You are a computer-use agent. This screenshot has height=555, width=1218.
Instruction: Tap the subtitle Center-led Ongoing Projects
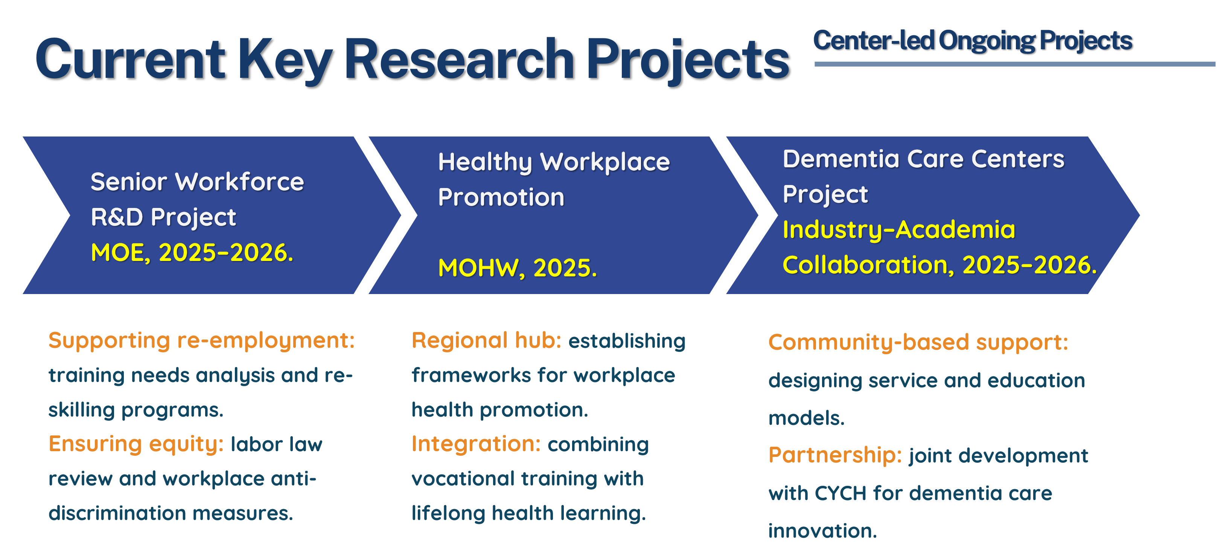pyautogui.click(x=973, y=41)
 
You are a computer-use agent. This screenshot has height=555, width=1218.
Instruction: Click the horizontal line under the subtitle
pyautogui.click(x=1015, y=64)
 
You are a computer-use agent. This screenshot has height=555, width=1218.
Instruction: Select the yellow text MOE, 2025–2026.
pyautogui.click(x=192, y=253)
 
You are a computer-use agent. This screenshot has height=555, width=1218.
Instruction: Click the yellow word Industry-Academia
pyautogui.click(x=899, y=230)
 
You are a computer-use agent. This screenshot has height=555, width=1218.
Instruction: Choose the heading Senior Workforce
pyautogui.click(x=197, y=182)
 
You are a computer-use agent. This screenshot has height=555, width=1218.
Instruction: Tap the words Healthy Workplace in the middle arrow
pyautogui.click(x=554, y=162)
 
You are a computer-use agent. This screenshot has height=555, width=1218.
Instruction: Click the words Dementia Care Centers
pyautogui.click(x=923, y=159)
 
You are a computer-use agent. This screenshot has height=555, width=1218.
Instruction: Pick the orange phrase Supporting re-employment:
pyautogui.click(x=201, y=341)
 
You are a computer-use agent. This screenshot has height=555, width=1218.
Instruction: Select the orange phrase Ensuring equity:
pyautogui.click(x=136, y=444)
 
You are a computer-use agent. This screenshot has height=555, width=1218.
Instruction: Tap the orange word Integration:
pyautogui.click(x=476, y=444)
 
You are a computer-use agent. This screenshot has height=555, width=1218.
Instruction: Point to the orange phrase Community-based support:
pyautogui.click(x=918, y=343)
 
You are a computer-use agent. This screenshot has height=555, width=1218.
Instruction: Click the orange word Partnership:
pyautogui.click(x=835, y=455)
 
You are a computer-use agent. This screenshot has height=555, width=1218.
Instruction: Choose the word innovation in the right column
pyautogui.click(x=822, y=531)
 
